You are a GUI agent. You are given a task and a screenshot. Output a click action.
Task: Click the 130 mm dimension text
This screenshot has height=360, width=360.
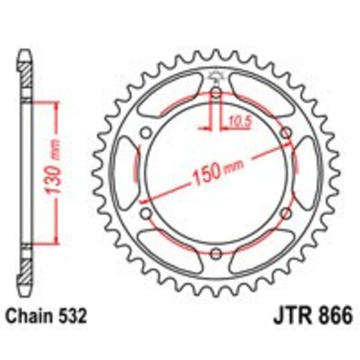pos(57,175)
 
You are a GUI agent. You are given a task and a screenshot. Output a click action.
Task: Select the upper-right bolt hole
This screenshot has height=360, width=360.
pos(285,133)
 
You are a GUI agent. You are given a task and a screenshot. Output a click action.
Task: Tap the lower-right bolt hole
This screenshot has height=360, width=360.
pos(285,213)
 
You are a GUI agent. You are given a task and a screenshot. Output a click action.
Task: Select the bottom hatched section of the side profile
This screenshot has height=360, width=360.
pos(25,267)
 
